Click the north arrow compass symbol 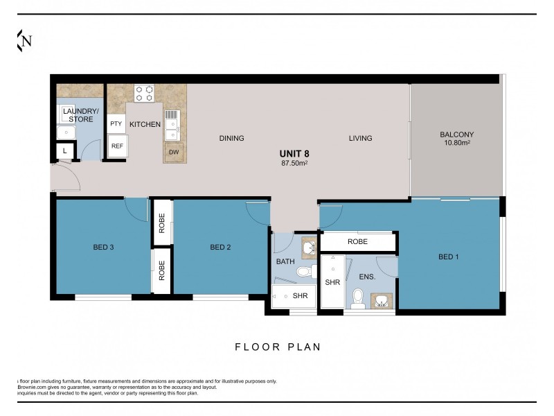tap(24, 41)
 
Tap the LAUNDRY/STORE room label tap(81, 115)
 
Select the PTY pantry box tap(116, 124)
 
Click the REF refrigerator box tap(117, 146)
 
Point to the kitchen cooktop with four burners tap(144, 93)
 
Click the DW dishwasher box tap(173, 152)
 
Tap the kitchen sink tap(172, 122)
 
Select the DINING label tap(231, 138)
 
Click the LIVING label tap(360, 138)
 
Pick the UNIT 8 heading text tap(294, 153)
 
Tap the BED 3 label tap(104, 247)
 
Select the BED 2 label tap(220, 247)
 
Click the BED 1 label tap(449, 257)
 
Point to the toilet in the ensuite tap(357, 298)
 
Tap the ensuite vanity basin tap(380, 300)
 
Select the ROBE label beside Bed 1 tap(357, 242)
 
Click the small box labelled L tap(65, 150)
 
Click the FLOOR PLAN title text tap(278, 347)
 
